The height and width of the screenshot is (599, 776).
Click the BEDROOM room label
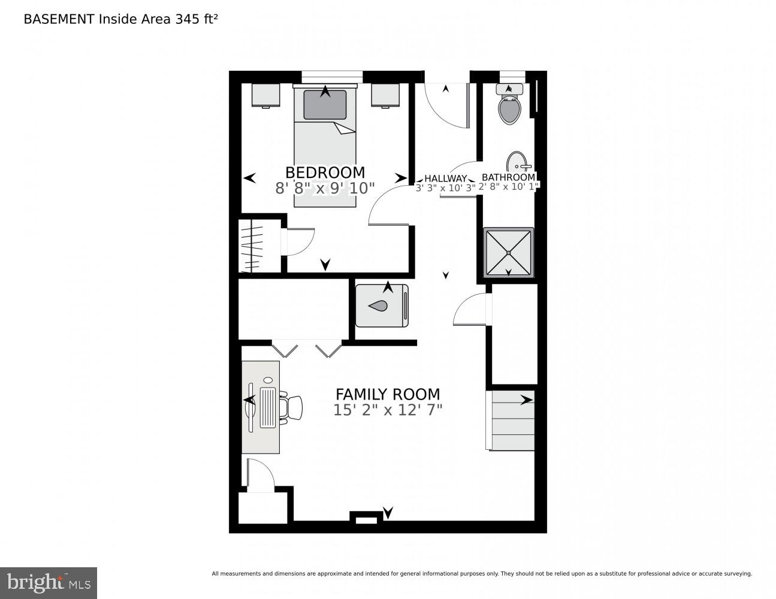click(325, 173)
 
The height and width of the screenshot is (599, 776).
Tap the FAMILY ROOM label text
click(387, 394)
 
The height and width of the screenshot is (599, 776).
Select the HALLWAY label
click(445, 179)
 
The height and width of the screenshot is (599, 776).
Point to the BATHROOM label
click(508, 177)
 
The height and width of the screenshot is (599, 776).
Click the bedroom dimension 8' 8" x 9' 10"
click(325, 188)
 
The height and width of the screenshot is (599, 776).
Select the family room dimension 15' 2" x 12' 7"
click(387, 410)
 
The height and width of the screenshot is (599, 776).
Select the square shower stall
click(508, 252)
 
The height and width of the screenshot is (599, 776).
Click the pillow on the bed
click(325, 105)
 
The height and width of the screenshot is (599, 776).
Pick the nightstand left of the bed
click(265, 95)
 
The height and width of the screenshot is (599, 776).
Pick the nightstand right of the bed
click(385, 95)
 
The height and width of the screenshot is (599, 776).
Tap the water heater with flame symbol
click(382, 305)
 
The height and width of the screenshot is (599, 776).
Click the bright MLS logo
click(48, 582)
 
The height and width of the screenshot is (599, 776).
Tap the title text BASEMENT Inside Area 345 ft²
click(120, 19)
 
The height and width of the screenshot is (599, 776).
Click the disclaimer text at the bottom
click(481, 574)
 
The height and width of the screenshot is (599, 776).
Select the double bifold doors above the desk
click(306, 349)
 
